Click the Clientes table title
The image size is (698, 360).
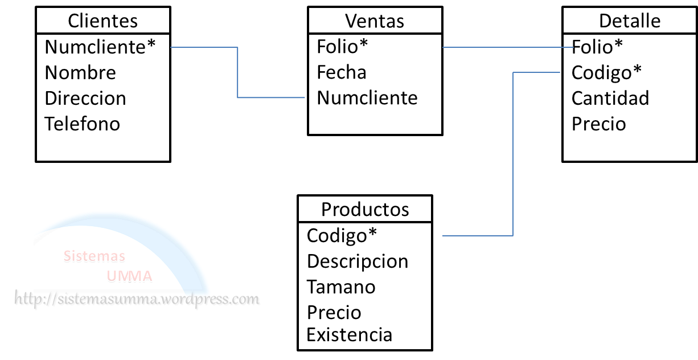pos(102,21)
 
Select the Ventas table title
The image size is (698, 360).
pos(375,21)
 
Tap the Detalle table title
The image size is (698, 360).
pos(630,21)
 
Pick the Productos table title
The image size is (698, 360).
pos(365,209)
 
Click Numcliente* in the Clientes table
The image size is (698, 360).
pos(100,47)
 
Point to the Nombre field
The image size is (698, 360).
pos(80,72)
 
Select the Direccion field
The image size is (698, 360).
pos(85,98)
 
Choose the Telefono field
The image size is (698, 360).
pos(83,124)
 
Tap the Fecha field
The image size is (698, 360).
pos(342,72)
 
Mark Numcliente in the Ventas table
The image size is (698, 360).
pos(367,98)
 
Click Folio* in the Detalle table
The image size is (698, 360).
pos(597,47)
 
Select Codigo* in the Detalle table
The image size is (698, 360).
pos(606,72)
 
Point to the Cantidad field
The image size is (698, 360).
pos(610,98)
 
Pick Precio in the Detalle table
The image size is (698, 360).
pos(598,124)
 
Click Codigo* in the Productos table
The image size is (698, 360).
pos(342,235)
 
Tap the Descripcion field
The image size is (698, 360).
pos(358,261)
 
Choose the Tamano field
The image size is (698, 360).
pos(341,287)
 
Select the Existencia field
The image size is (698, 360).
pos(349,334)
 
